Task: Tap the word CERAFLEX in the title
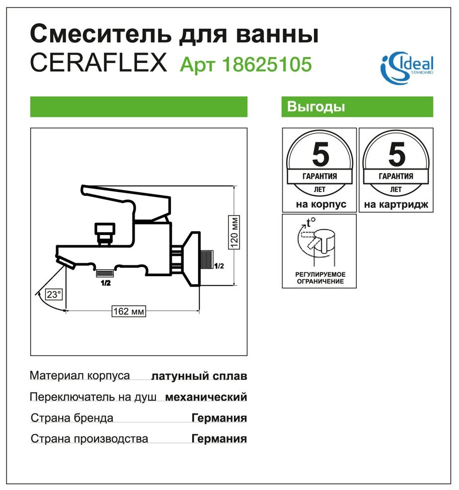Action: (x=99, y=64)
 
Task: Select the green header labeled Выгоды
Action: (x=357, y=107)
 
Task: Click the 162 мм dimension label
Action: (x=129, y=311)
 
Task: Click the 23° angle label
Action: (x=53, y=294)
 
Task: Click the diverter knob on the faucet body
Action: (x=104, y=231)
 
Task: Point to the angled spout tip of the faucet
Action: (x=66, y=261)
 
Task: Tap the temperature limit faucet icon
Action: (x=319, y=243)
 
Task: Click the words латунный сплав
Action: (x=199, y=376)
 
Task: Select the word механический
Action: (x=206, y=397)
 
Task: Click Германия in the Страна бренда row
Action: (x=219, y=418)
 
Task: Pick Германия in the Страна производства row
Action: (x=219, y=439)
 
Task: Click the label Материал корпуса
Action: (x=80, y=375)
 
